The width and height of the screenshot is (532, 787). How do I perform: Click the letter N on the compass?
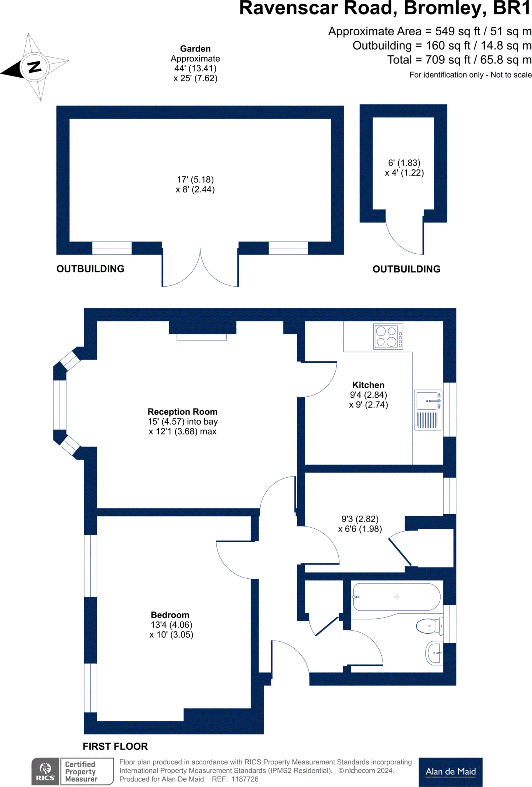[x=35, y=67]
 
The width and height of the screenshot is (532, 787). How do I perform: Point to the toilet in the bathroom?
[x=429, y=626]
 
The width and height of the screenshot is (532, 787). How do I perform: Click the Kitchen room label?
[x=368, y=385]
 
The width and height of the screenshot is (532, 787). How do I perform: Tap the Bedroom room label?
[x=170, y=615]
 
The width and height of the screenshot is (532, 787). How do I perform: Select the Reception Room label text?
[x=183, y=412]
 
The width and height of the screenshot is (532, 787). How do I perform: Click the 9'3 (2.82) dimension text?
[x=360, y=519]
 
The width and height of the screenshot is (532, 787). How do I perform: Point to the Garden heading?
[x=195, y=49]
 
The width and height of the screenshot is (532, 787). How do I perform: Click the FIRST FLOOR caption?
[x=115, y=746]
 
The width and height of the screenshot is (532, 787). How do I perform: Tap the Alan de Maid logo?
[x=451, y=772]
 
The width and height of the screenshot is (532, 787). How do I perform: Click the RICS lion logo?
[x=45, y=771]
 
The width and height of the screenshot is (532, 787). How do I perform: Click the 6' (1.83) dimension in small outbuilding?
[x=404, y=163]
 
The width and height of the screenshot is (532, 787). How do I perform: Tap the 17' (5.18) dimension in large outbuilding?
[x=195, y=179]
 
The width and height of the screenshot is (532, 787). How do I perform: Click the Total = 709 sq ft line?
[x=459, y=60]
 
